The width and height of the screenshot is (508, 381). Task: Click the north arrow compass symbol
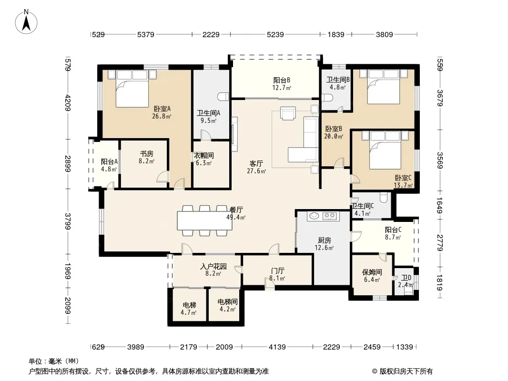pos(26,22)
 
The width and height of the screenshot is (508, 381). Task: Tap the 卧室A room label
pos(162,109)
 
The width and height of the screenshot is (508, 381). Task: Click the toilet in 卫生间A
pos(224,97)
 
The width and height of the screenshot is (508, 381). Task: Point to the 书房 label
pos(146,154)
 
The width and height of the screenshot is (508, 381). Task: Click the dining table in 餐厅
pos(204,221)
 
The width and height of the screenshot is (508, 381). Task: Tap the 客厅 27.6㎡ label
pos(256,167)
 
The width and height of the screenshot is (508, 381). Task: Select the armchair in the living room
pos(288,113)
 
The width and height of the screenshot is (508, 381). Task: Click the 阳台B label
pos(282,80)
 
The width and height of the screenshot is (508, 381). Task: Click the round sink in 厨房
pos(314,216)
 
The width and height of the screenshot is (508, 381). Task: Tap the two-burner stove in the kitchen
pos(330,216)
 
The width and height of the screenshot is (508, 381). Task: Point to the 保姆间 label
pos(372,272)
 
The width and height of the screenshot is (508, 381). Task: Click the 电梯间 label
pos(227,302)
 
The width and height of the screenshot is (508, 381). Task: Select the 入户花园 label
pos(213,266)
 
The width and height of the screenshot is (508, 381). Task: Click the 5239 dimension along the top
pos(275,34)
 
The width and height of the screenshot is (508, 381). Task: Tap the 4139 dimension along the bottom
pos(277,347)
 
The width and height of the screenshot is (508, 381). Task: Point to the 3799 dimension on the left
pos(68,221)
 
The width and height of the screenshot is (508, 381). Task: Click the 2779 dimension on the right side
pos(440,242)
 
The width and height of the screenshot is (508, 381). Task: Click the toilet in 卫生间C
pos(384,197)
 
